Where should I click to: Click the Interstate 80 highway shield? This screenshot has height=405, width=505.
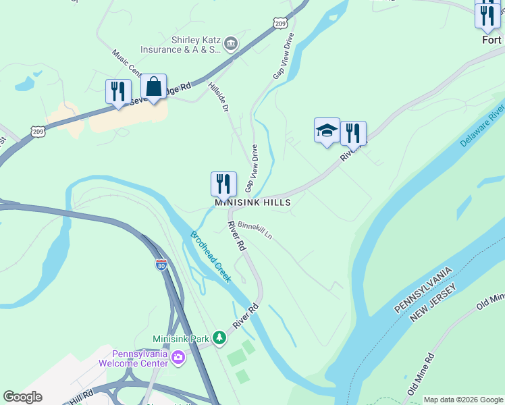coord(161,265)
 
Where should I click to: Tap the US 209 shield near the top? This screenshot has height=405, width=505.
coord(281,23)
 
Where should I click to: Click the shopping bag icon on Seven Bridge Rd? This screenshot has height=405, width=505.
coord(154,87)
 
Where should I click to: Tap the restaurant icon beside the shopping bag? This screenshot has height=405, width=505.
coord(118,91)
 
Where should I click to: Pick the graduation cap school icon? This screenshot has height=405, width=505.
coord(327,130)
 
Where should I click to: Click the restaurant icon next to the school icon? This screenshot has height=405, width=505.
coord(353,134)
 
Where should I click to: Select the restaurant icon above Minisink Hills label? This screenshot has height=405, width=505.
coord(223,184)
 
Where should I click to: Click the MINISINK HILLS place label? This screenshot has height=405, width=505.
coord(252,202)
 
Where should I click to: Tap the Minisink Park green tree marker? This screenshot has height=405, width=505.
coord(219,337)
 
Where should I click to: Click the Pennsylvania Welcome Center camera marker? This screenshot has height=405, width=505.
coord(178,357)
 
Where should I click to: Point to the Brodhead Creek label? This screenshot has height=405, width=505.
coord(211,256)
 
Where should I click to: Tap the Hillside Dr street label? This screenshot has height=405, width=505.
coord(219,98)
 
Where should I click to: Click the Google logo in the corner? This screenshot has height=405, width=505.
coord(23,397)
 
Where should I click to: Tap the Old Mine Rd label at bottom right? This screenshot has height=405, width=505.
coord(420,373)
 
